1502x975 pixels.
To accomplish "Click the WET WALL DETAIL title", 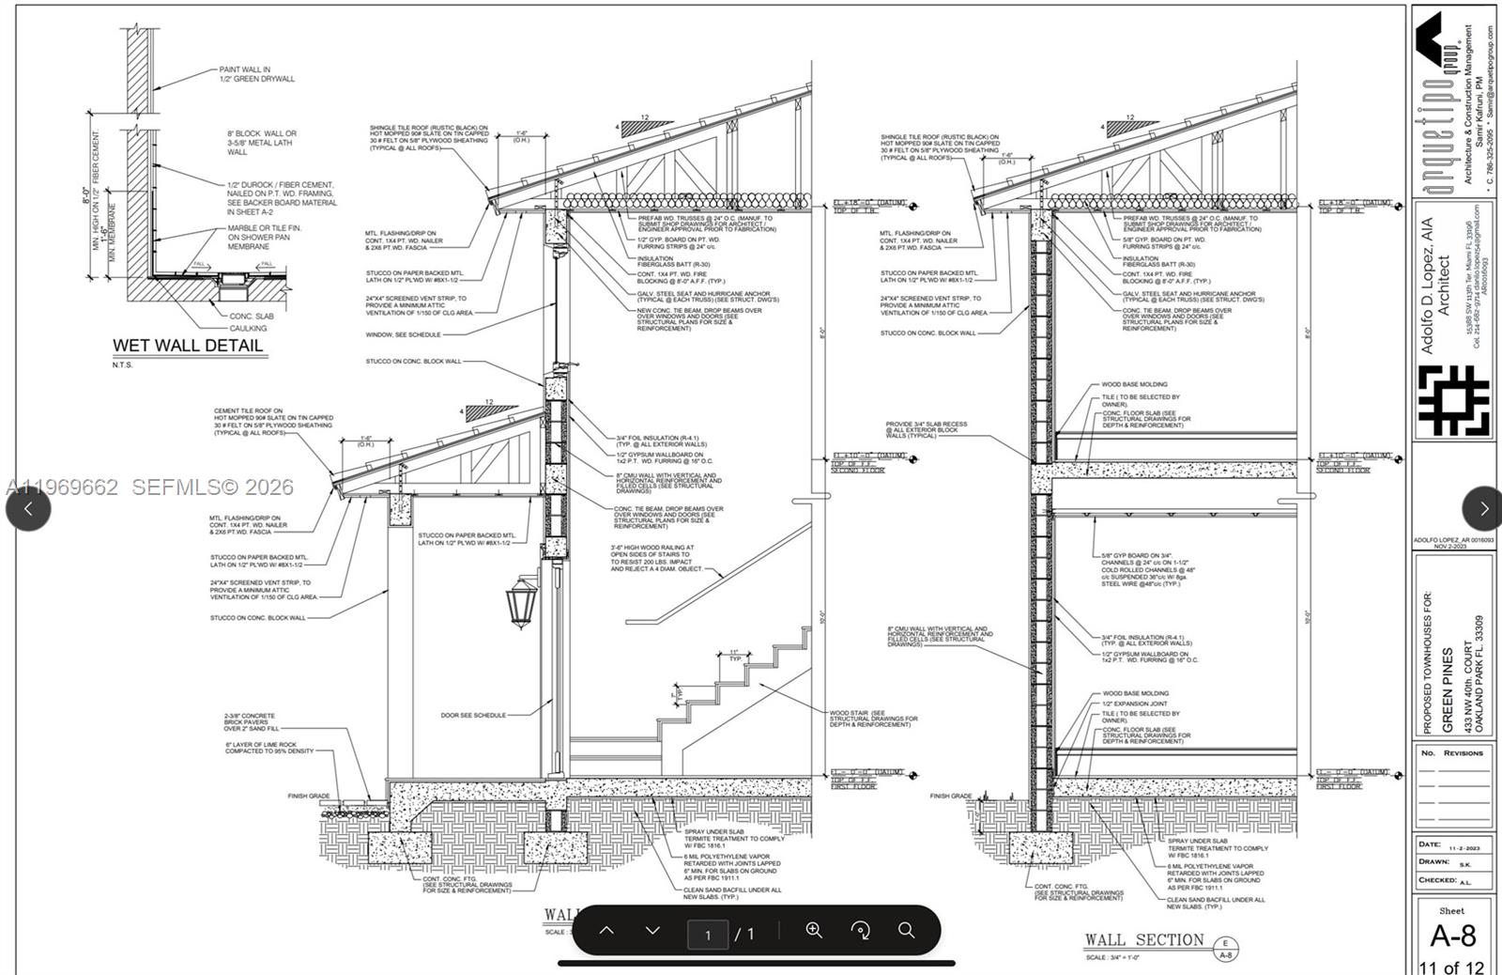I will [188, 345].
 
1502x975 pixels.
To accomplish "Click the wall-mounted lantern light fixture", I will [523, 600].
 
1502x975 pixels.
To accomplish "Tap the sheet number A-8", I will [1452, 936].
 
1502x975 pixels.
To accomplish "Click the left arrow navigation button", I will [28, 508].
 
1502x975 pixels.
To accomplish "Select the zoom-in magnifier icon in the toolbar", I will [814, 930].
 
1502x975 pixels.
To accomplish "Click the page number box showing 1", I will [708, 934].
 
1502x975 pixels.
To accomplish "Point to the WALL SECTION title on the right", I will [1143, 939].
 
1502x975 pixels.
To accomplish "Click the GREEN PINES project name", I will [1447, 689].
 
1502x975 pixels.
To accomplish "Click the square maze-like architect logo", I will [1452, 401].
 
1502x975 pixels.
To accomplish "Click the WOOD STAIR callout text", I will [873, 719].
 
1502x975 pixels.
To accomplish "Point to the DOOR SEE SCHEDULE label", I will [473, 715].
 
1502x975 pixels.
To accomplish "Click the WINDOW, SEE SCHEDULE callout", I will [403, 334].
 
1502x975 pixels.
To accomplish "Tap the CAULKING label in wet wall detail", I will [248, 328].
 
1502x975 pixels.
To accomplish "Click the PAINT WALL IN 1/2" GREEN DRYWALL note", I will [256, 74].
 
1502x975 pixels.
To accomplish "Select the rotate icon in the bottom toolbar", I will [860, 930].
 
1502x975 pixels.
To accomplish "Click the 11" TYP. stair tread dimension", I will [734, 655].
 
